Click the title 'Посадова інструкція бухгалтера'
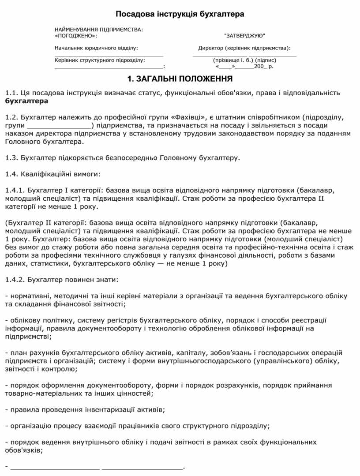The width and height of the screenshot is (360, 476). point(180,15)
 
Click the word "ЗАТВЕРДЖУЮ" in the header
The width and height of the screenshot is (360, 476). point(245,35)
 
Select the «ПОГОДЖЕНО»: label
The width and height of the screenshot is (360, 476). point(75,35)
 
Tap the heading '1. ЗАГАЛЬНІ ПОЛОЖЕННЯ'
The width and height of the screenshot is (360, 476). point(180,79)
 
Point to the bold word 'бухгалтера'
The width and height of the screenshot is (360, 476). point(26,101)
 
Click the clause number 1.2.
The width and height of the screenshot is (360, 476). point(12,117)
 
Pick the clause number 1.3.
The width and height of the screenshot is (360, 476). point(12,157)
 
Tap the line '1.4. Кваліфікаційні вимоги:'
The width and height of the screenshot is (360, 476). point(53,174)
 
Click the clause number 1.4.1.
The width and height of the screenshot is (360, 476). point(15,191)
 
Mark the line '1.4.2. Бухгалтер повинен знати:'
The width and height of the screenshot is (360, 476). point(62,279)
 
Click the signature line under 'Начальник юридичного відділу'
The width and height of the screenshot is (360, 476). point(109,55)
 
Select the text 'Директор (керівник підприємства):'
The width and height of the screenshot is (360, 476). point(244,48)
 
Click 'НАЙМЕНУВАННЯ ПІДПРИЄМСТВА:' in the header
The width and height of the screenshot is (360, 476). point(99,29)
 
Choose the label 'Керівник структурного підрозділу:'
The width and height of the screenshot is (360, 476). point(100,60)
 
